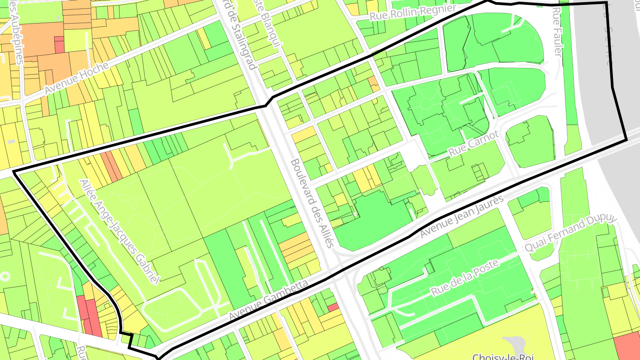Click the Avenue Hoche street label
tap(76, 79)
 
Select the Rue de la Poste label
tap(465, 277)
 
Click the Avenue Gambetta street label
tap(268, 300)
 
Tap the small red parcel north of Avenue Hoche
tap(59, 45)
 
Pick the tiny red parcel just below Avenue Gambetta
tap(333, 307)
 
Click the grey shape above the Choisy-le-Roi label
tap(516, 344)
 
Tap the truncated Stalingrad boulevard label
tap(240, 36)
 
